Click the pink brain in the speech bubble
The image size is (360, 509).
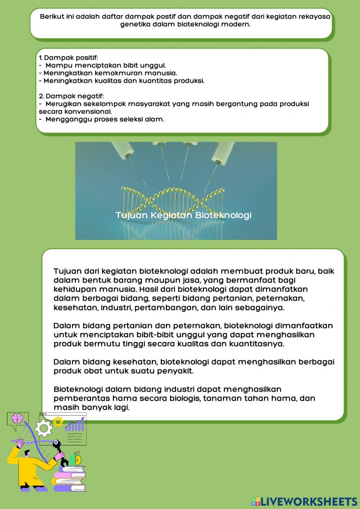click(18, 418)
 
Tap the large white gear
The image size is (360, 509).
click(44, 428)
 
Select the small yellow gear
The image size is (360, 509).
click(58, 422)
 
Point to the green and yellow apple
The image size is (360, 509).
click(76, 459)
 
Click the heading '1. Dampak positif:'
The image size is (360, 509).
click(68, 58)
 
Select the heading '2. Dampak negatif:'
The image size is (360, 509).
click(71, 96)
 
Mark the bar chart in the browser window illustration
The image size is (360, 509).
click(75, 425)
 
